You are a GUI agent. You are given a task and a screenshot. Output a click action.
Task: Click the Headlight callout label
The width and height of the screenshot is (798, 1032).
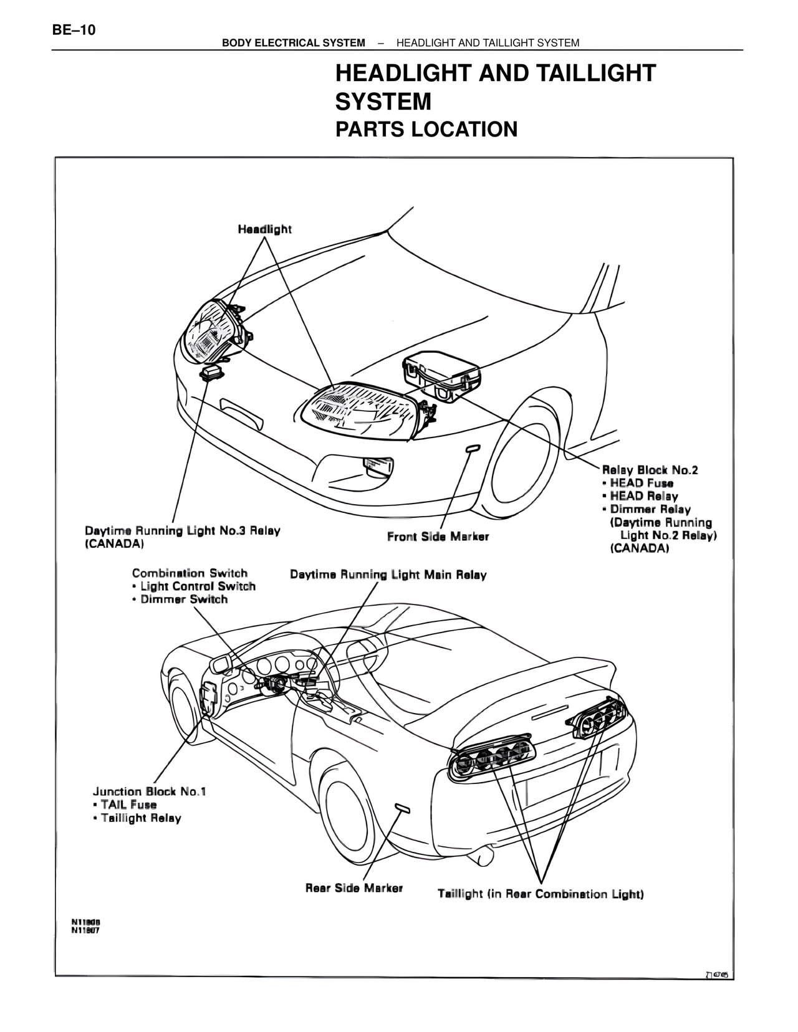[x=264, y=229]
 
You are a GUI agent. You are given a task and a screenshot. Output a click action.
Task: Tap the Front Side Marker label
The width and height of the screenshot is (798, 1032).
[x=438, y=537]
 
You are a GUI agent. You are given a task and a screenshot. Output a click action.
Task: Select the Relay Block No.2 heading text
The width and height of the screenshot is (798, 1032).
[x=650, y=470]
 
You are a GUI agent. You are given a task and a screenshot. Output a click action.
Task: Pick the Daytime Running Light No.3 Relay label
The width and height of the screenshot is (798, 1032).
[x=182, y=531]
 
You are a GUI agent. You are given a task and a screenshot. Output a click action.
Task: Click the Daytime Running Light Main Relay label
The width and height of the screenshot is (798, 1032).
[x=388, y=575]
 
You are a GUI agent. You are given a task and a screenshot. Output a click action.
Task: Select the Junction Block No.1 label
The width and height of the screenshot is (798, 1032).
[x=150, y=791]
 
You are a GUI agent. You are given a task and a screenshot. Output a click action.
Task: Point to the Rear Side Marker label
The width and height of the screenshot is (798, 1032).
[x=353, y=888]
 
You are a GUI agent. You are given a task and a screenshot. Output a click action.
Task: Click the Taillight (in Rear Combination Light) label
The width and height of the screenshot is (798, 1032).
[x=541, y=894]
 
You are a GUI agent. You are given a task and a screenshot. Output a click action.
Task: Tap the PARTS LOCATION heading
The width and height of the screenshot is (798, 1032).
[x=426, y=129]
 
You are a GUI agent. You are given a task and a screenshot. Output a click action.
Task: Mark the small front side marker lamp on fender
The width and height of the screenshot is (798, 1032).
[x=473, y=447]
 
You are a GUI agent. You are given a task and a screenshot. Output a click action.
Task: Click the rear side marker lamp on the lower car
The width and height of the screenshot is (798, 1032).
[x=403, y=809]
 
